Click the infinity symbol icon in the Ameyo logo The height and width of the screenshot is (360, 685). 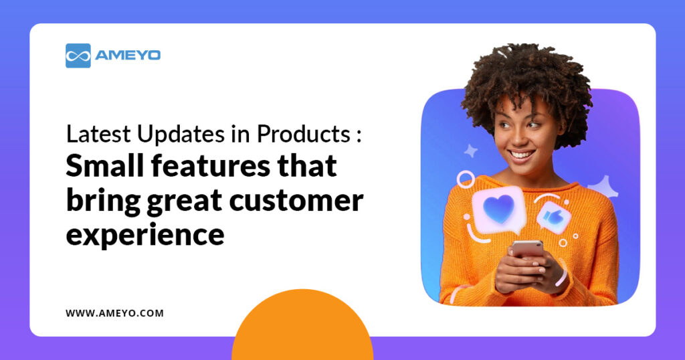78,56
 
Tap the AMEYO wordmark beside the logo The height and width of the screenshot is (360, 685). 127,56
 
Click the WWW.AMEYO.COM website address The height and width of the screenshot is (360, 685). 114,312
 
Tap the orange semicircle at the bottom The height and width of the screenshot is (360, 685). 302,331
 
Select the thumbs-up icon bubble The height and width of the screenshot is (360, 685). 554,217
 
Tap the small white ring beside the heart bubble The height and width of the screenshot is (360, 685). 465,179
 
